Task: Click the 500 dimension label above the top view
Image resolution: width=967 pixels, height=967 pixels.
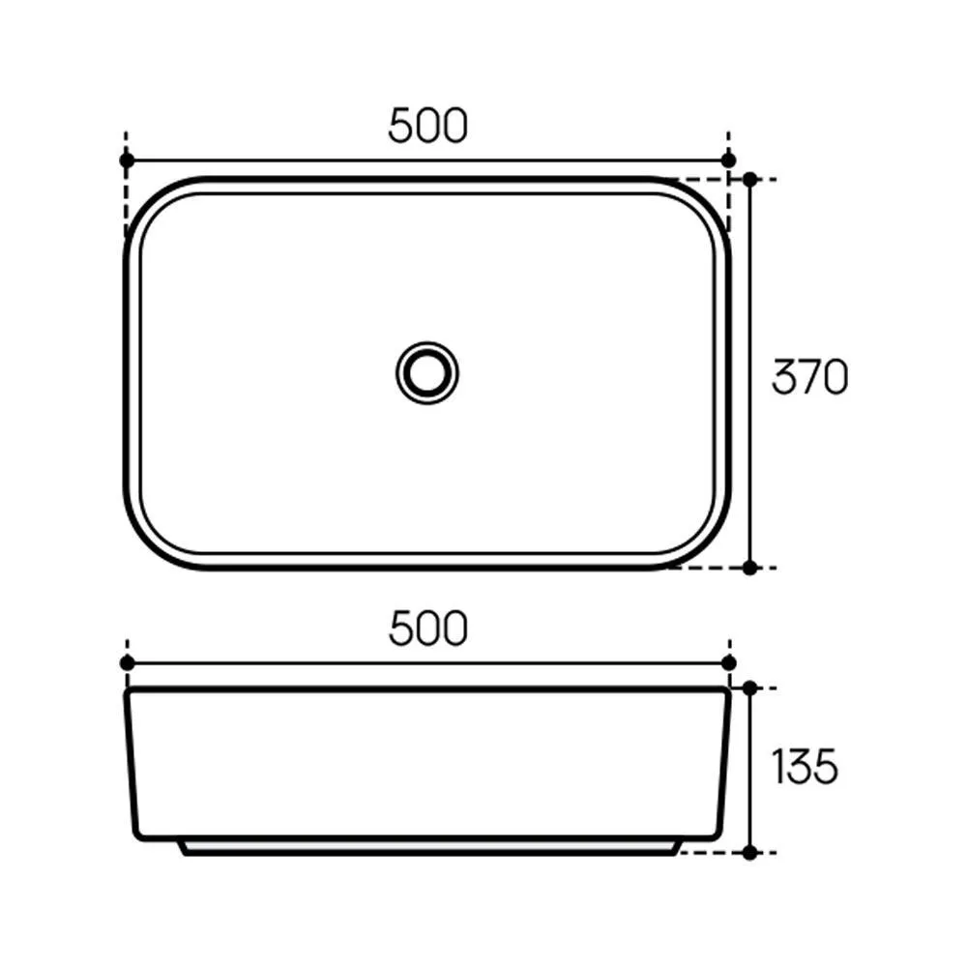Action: coord(427,125)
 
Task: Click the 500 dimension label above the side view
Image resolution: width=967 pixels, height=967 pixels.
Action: coord(428,629)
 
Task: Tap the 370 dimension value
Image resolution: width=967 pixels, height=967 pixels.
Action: coord(809,376)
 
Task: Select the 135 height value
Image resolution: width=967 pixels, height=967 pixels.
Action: coord(805,767)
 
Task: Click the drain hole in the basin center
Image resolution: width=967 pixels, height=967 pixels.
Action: coord(426,373)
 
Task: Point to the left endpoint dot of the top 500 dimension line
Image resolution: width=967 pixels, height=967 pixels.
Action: coord(127,161)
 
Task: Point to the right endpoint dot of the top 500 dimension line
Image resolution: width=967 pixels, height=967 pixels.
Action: coord(728,161)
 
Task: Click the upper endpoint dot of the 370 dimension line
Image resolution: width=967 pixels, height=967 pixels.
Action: coord(750,180)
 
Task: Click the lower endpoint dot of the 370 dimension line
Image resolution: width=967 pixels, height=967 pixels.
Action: coord(750,568)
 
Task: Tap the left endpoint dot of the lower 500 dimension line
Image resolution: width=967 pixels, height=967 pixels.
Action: coord(127,663)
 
